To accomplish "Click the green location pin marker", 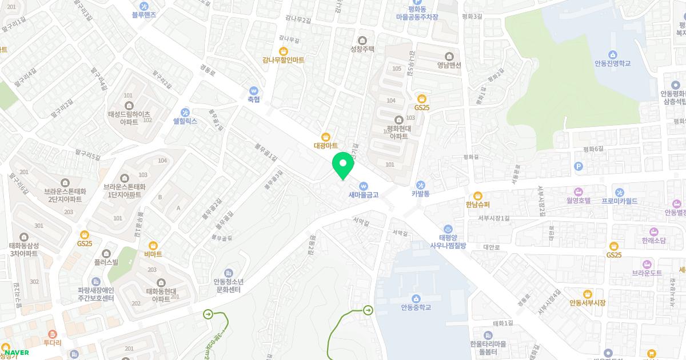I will [343, 165].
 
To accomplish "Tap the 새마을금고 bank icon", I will [364, 185].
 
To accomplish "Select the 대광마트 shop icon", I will [325, 137].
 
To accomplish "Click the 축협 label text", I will [253, 99].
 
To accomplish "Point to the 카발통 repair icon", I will [421, 185].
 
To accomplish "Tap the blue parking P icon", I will [579, 166].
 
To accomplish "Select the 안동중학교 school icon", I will [416, 298].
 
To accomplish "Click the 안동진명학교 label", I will [612, 63].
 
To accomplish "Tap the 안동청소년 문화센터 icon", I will [229, 273].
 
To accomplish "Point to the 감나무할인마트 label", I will [284, 60].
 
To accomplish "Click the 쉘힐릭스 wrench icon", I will [185, 112].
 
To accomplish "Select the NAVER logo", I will [17, 353].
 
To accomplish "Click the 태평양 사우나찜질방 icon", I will [448, 229].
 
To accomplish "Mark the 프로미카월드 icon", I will [619, 192].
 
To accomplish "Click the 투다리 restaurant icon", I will [52, 334].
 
